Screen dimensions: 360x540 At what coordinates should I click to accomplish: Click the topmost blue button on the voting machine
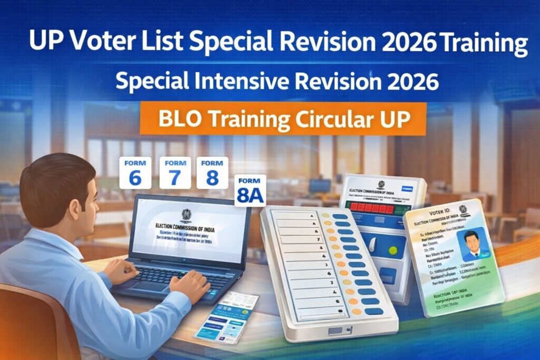pyautogui.click(x=340, y=217)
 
